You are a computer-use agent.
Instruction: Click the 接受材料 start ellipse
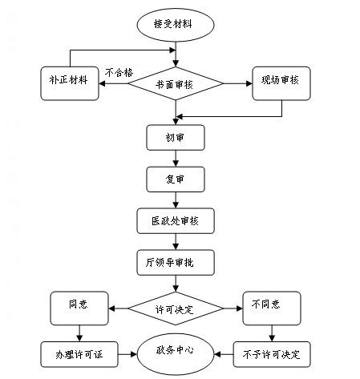click(176, 25)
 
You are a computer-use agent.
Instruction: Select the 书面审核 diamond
click(176, 83)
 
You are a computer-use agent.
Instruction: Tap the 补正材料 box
click(70, 83)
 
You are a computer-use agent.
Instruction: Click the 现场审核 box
click(281, 83)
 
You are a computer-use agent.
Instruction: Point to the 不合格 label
click(119, 73)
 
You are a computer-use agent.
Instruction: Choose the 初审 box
click(176, 138)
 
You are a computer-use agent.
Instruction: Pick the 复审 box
click(176, 179)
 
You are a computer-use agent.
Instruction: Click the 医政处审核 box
click(176, 221)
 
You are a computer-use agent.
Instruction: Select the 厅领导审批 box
click(176, 263)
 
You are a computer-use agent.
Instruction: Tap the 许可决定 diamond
click(176, 308)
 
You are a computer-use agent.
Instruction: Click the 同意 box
click(79, 308)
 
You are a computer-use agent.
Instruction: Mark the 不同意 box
click(272, 308)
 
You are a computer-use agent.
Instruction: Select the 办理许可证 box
click(79, 354)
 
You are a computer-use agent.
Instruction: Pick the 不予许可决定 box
click(272, 354)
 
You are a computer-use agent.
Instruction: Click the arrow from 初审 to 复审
click(176, 159)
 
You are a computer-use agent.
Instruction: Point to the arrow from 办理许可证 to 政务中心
click(127, 354)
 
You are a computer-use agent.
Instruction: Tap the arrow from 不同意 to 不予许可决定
click(272, 333)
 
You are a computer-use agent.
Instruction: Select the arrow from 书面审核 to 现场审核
click(237, 83)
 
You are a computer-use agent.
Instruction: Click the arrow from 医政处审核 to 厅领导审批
click(176, 242)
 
